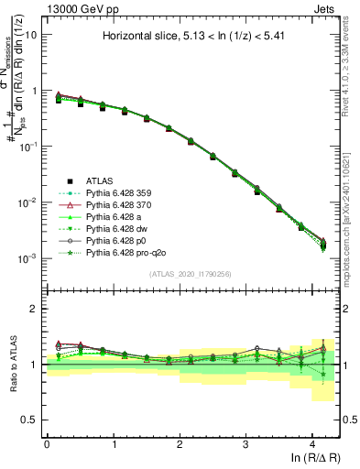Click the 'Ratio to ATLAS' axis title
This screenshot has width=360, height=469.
point(14,365)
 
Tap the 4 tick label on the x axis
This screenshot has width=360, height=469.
point(311,442)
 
